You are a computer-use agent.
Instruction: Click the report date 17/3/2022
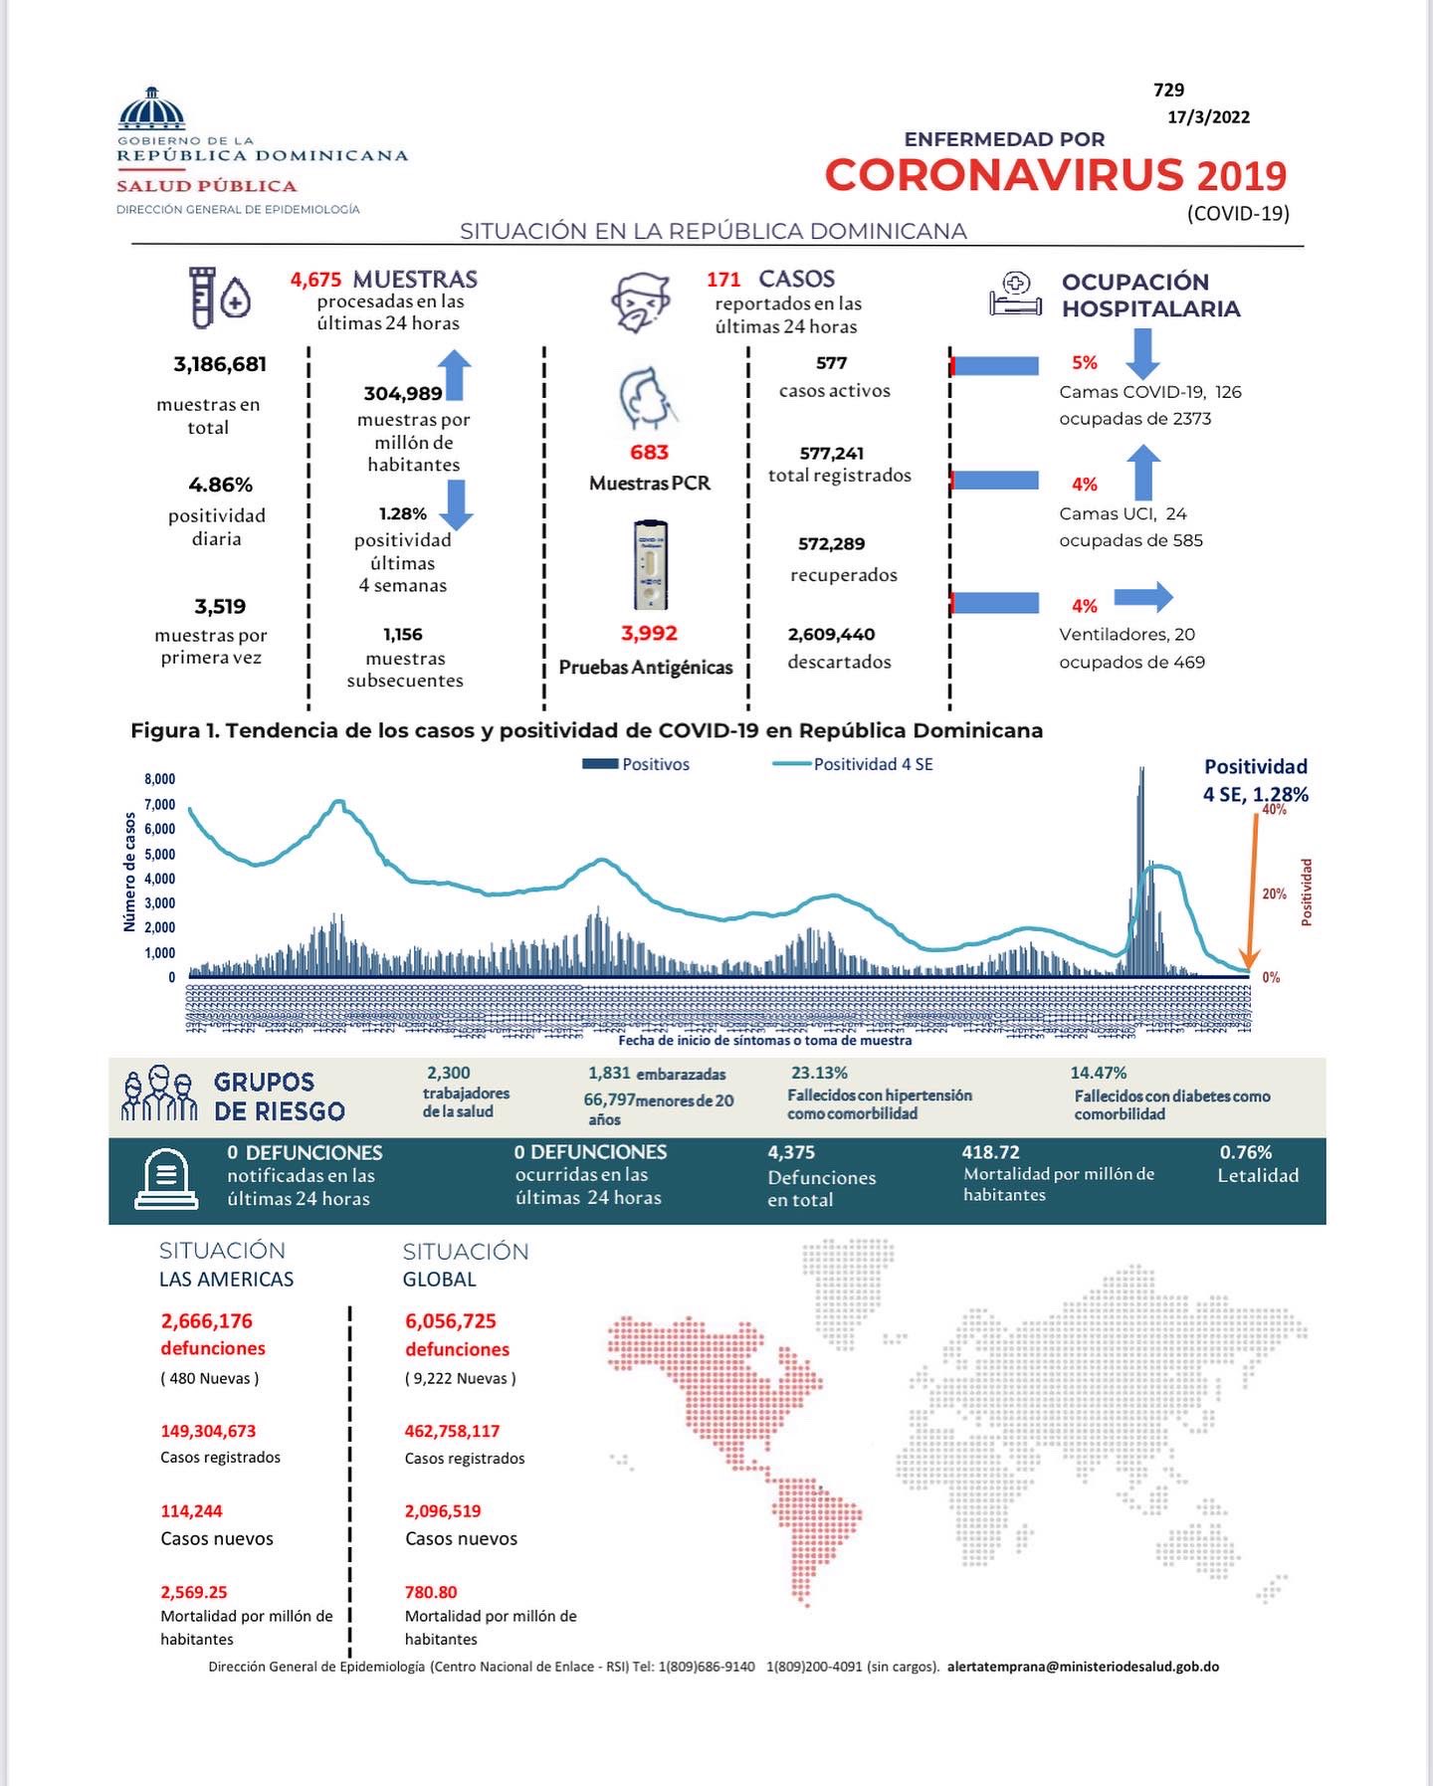point(1208,117)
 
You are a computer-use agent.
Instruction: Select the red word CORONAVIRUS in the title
point(1003,176)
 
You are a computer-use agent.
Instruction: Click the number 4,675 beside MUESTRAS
point(315,281)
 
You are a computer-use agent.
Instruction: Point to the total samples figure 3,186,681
point(220,364)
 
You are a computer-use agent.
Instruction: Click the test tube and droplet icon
point(219,297)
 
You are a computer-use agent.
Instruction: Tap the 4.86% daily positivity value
point(220,486)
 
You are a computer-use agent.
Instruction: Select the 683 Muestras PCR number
point(649,453)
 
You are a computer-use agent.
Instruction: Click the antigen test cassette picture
point(650,564)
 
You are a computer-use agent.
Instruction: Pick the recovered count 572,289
point(831,544)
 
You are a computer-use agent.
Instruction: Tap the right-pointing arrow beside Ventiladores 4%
point(1142,598)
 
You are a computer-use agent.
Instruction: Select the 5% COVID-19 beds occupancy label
point(1084,363)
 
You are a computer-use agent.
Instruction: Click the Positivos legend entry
point(636,764)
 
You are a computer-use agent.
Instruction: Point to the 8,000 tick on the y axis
point(159,779)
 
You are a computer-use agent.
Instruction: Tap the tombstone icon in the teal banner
point(166,1180)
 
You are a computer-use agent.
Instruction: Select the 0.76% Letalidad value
point(1246,1152)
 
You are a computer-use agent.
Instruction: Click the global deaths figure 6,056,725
point(450,1321)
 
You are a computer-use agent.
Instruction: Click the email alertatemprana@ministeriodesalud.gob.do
point(1083,1667)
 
